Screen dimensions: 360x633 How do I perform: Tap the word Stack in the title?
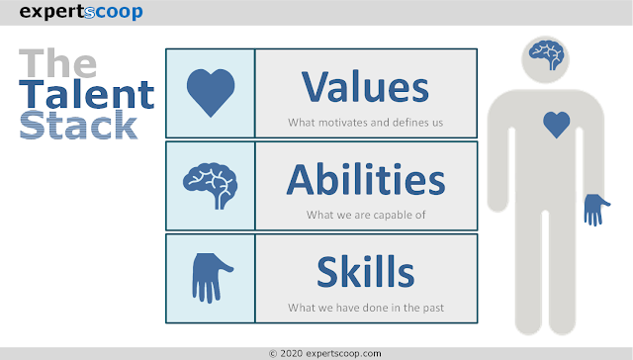coord(78,125)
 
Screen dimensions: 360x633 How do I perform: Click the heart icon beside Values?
coord(210,92)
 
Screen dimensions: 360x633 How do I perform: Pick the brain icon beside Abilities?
coord(210,183)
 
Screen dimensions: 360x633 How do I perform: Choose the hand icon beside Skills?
coord(210,277)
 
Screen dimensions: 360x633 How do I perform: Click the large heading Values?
coord(365,87)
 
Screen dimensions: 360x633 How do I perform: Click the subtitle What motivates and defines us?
coord(365,123)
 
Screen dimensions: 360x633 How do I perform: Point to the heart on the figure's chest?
coord(557,125)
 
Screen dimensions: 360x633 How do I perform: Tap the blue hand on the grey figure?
coord(596,209)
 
